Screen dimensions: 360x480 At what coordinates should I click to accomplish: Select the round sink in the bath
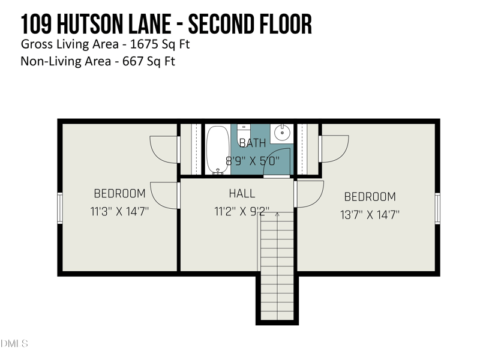click(x=280, y=133)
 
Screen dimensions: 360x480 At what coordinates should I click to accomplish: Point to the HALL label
click(x=242, y=194)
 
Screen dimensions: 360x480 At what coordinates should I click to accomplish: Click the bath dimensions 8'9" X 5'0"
click(x=253, y=161)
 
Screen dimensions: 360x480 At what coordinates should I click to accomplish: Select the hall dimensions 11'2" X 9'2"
click(x=242, y=212)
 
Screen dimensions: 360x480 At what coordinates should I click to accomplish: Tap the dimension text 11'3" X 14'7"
click(x=120, y=211)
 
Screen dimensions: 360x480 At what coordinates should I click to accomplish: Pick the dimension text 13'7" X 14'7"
click(x=370, y=214)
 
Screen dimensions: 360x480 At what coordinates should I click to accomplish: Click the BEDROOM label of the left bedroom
click(x=120, y=194)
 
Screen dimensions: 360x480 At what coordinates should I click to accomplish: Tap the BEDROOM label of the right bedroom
click(x=370, y=197)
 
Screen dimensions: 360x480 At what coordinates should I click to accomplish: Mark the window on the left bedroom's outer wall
click(x=60, y=208)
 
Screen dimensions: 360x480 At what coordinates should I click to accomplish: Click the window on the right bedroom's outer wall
click(x=437, y=208)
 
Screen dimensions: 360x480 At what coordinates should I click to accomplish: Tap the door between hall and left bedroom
click(x=166, y=195)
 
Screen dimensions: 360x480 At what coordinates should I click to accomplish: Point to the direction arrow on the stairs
click(x=277, y=214)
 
